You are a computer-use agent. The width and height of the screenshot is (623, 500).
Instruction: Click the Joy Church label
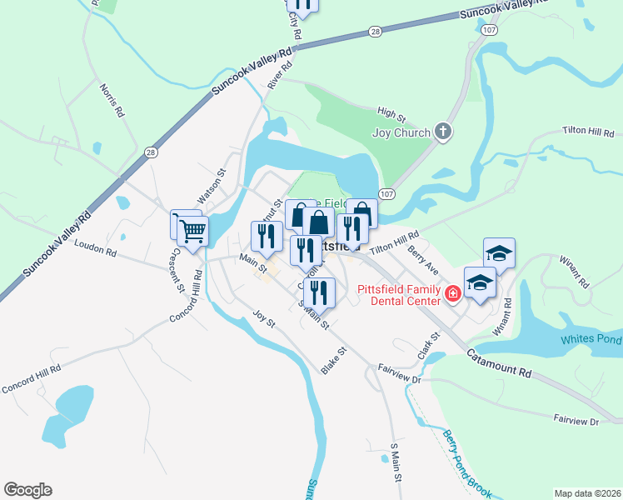pyautogui.click(x=401, y=132)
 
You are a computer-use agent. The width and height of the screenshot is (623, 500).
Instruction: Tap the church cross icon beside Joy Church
pyautogui.click(x=443, y=132)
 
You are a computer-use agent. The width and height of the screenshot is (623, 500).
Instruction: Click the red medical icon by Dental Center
pyautogui.click(x=452, y=292)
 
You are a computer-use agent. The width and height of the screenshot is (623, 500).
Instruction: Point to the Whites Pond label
pyautogui.click(x=591, y=339)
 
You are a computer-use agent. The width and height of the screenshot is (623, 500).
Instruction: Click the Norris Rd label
pyautogui.click(x=112, y=99)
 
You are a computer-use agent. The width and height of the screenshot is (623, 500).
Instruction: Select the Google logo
pyautogui.click(x=27, y=490)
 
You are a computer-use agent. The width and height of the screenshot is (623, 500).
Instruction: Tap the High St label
pyautogui.click(x=391, y=112)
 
